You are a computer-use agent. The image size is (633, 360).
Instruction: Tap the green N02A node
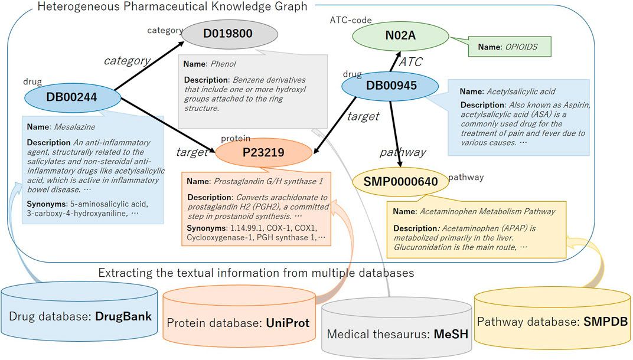(x=400, y=36)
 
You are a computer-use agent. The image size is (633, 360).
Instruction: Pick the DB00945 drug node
(x=391, y=86)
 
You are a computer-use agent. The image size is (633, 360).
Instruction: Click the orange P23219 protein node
(x=263, y=153)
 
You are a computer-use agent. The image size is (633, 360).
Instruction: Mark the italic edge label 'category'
(x=127, y=60)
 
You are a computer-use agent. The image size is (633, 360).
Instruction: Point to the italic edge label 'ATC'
(x=411, y=62)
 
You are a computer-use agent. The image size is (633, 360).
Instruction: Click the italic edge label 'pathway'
(x=402, y=152)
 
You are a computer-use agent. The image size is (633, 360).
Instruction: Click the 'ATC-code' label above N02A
(x=351, y=20)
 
